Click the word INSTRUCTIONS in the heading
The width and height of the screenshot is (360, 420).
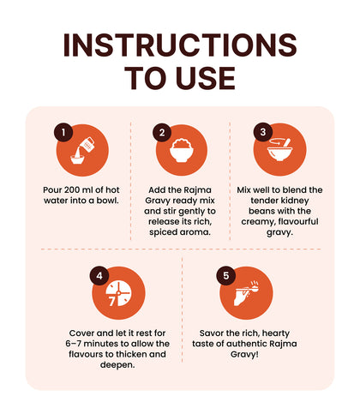(180, 45)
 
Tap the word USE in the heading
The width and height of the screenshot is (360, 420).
(206, 78)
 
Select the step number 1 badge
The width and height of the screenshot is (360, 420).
(63, 132)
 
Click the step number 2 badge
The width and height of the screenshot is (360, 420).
(162, 132)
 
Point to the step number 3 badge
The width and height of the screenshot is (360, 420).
(263, 132)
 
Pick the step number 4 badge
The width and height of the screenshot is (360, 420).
(99, 276)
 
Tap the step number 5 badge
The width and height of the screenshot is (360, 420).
(225, 276)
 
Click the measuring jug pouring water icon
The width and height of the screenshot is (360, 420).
(82, 151)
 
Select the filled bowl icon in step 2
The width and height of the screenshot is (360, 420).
(182, 150)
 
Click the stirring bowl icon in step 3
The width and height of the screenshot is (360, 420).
(279, 149)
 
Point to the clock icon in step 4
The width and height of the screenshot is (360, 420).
(119, 293)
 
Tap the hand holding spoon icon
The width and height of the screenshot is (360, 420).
(246, 293)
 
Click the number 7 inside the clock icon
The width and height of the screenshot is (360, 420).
(111, 301)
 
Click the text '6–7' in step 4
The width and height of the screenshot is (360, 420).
(73, 344)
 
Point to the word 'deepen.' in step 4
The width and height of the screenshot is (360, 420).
(117, 365)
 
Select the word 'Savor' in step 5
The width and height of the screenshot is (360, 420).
(212, 333)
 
